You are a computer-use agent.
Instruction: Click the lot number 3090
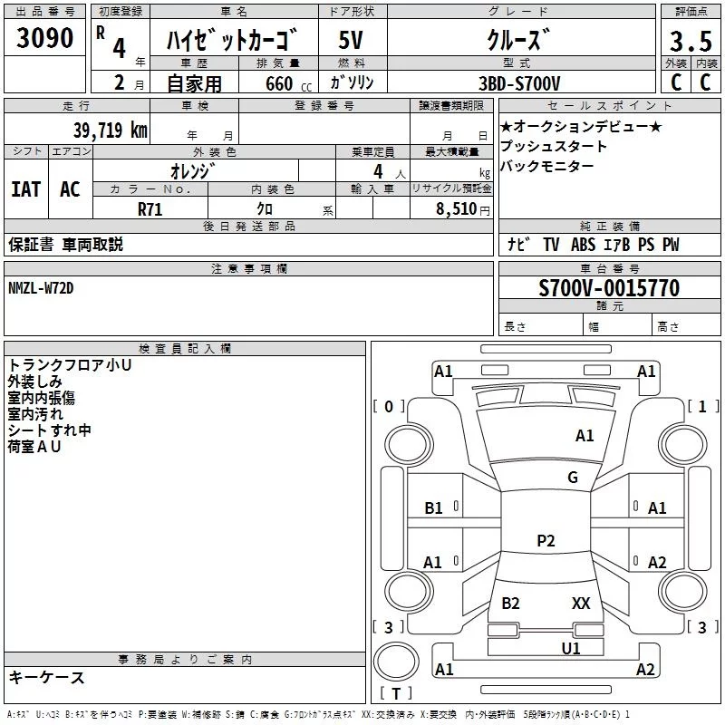[x=45, y=39]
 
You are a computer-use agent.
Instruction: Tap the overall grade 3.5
[x=690, y=42]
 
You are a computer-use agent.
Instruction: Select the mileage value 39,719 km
[x=111, y=130]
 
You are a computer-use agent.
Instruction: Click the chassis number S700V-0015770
[x=609, y=289]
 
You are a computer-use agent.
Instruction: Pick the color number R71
[x=150, y=208]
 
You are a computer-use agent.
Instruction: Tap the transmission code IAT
[x=26, y=188]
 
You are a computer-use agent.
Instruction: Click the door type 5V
[x=352, y=42]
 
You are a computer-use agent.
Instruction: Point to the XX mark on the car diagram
[x=581, y=603]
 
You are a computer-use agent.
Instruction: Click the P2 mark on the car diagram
[x=546, y=540]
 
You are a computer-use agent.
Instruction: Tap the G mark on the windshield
[x=573, y=478]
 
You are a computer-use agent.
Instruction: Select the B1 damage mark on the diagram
[x=434, y=508]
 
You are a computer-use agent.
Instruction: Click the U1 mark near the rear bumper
[x=571, y=648]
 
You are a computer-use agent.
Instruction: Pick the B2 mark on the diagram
[x=510, y=603]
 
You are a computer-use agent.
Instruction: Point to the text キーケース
[x=47, y=677]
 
